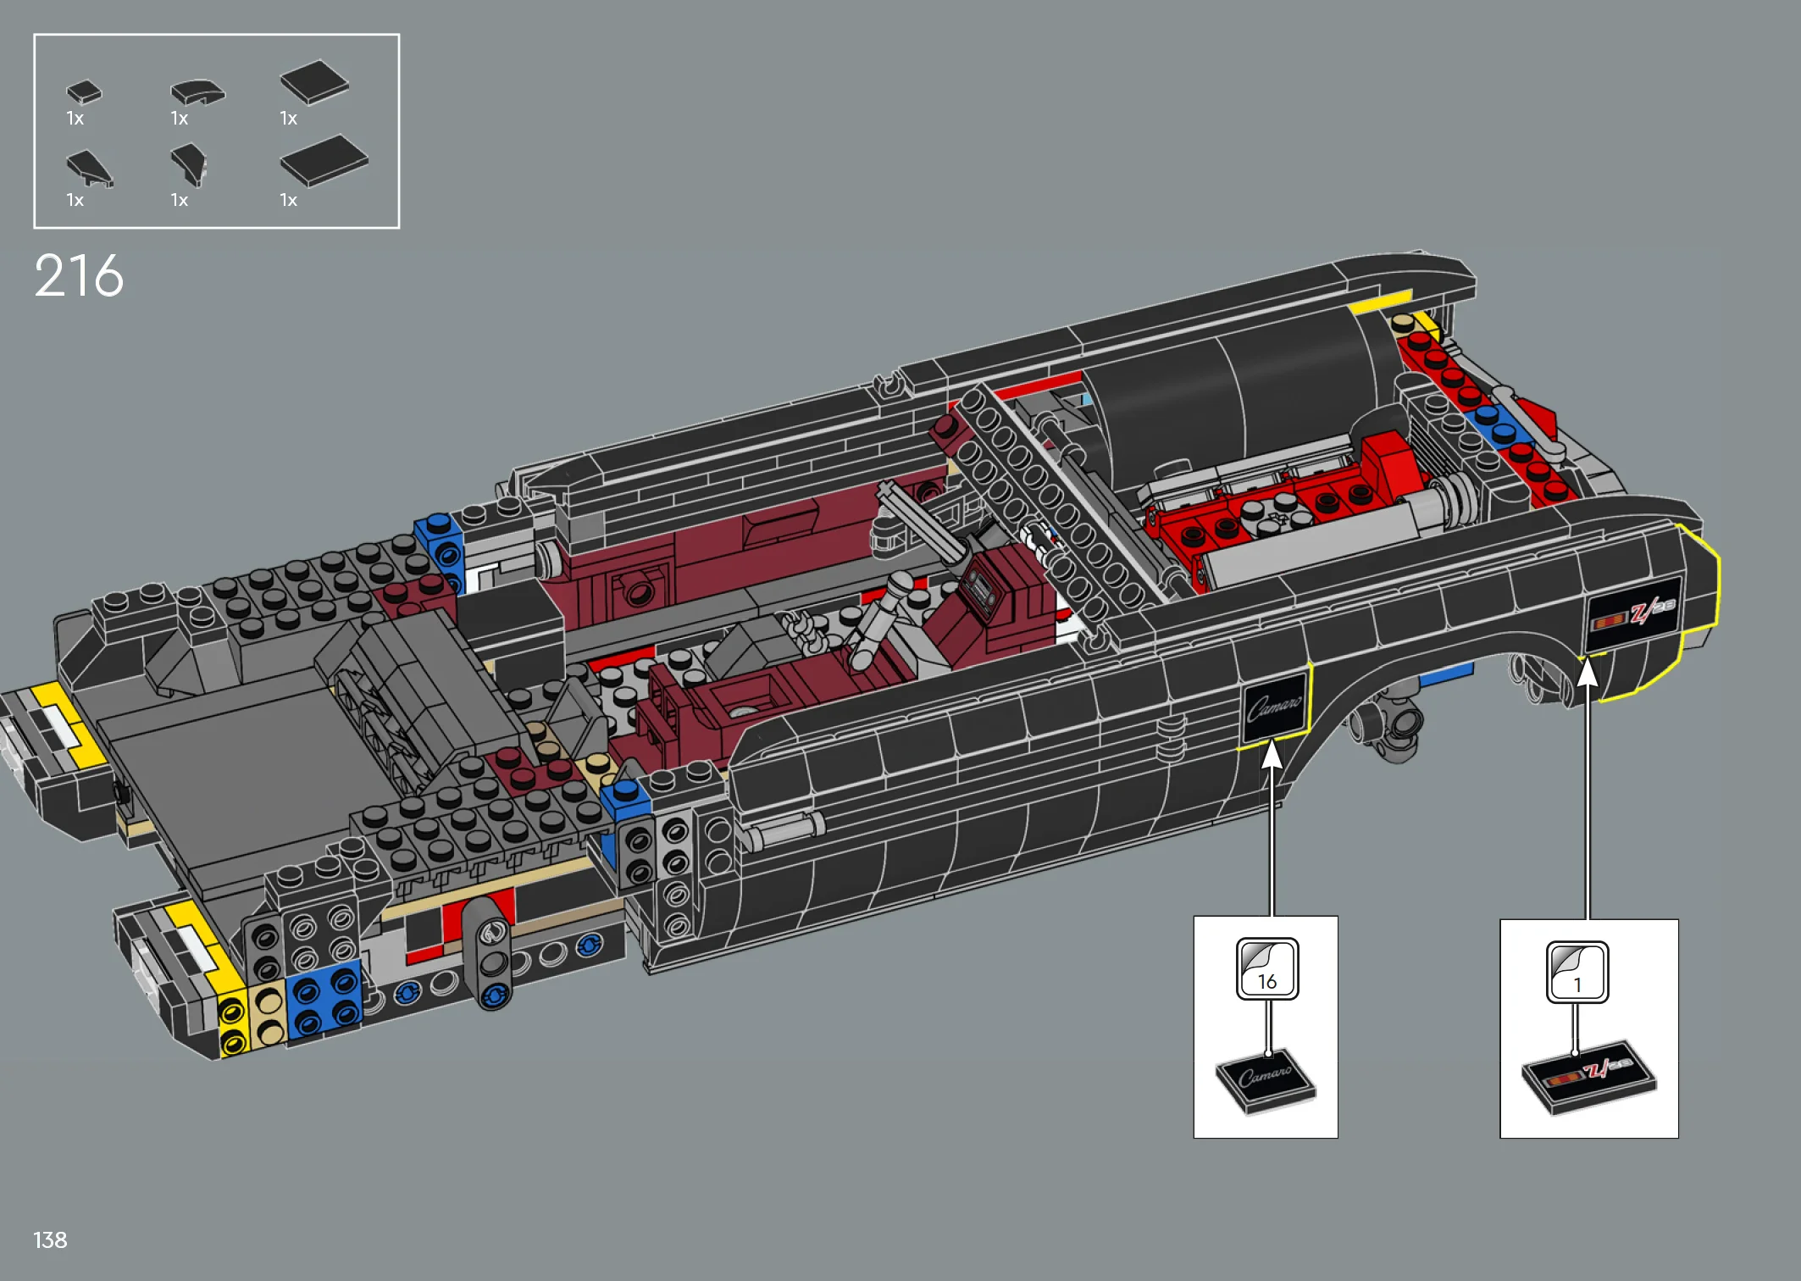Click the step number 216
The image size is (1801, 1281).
pyautogui.click(x=79, y=276)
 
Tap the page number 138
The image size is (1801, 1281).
pyautogui.click(x=50, y=1240)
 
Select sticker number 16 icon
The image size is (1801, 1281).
pyautogui.click(x=1267, y=968)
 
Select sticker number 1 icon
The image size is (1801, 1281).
pyautogui.click(x=1577, y=972)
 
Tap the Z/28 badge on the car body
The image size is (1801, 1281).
pyautogui.click(x=1633, y=613)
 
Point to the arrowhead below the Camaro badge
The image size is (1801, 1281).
pyautogui.click(x=1272, y=754)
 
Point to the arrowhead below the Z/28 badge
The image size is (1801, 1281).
pyautogui.click(x=1588, y=674)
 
